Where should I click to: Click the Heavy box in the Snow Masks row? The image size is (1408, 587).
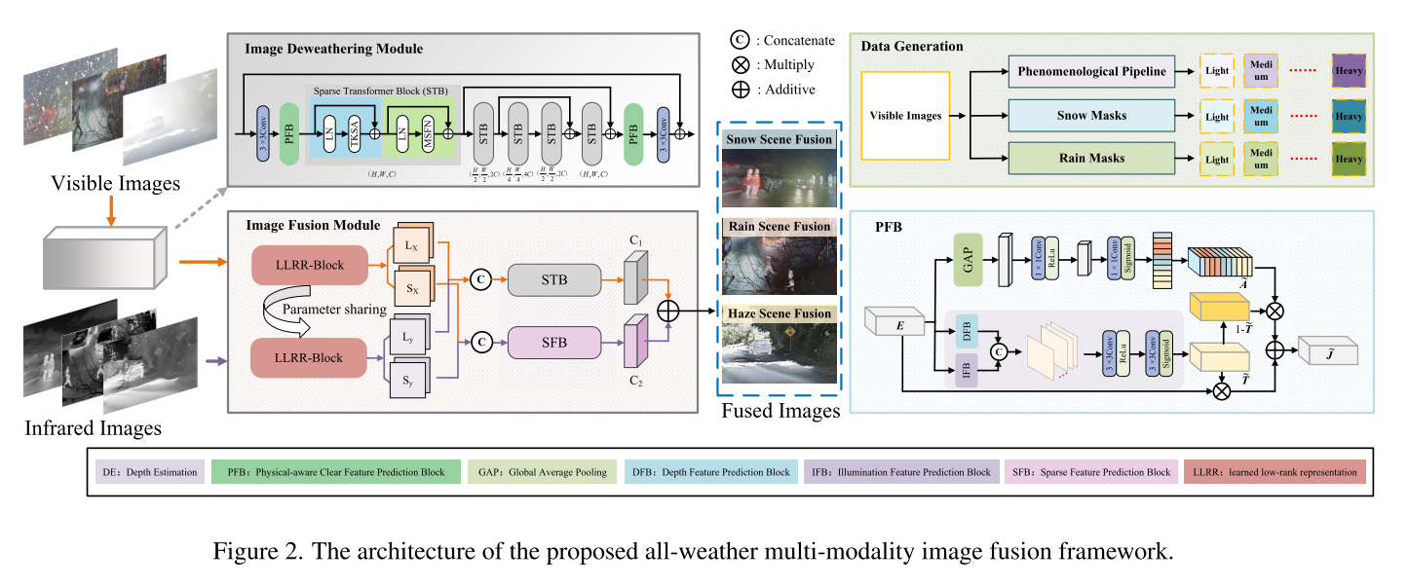click(x=1350, y=116)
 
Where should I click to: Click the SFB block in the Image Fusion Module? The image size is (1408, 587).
click(x=552, y=342)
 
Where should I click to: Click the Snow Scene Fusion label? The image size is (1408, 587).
click(x=779, y=140)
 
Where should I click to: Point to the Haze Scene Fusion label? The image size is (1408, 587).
click(x=779, y=313)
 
